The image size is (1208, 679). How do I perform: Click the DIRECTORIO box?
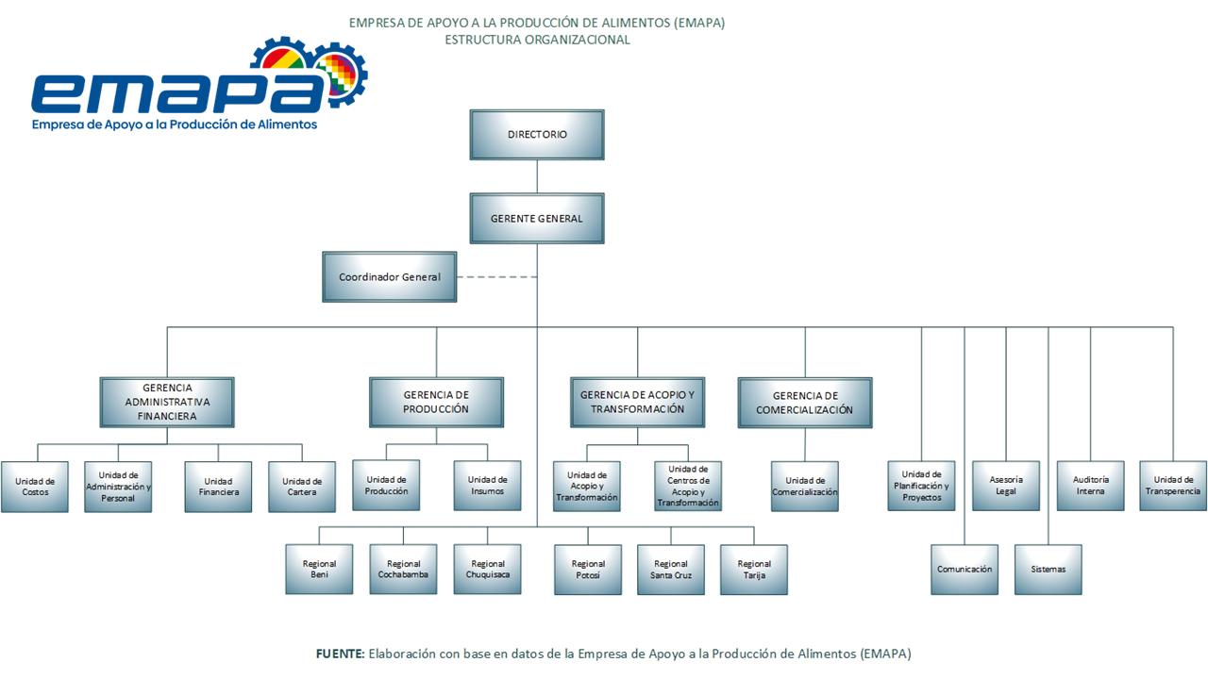tap(537, 135)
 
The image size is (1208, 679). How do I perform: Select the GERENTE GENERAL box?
tap(537, 219)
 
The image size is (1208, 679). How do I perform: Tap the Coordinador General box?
tap(390, 277)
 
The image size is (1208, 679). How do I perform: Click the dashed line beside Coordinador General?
tap(496, 277)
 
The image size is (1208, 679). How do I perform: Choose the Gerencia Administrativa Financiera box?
tap(167, 402)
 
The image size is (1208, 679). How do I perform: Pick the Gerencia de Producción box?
tap(436, 402)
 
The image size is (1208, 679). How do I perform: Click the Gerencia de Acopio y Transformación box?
tap(637, 402)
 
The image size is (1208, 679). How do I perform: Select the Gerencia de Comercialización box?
tap(805, 403)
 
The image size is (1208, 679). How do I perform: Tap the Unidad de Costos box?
tap(35, 487)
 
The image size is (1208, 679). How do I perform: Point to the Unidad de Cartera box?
tap(302, 487)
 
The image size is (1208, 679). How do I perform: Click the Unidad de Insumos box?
tap(487, 486)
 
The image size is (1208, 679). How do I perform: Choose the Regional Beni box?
tap(320, 570)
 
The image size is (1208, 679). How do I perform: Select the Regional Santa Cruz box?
tap(671, 570)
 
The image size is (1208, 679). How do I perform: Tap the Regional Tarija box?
tap(754, 570)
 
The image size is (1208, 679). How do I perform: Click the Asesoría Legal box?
tap(1006, 486)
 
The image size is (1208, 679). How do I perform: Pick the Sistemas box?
tap(1049, 570)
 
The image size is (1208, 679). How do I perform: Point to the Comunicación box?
tap(965, 570)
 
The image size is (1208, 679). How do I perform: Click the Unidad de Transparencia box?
tap(1173, 486)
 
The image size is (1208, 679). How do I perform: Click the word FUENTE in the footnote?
tap(340, 653)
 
